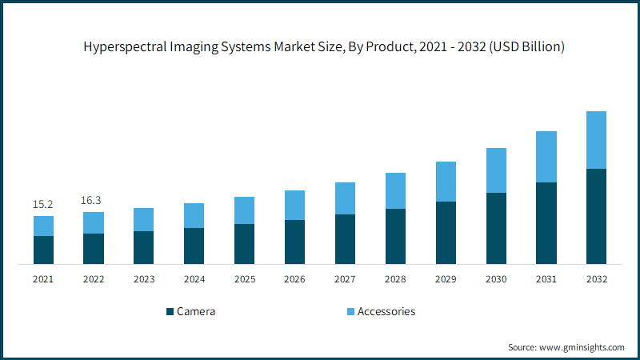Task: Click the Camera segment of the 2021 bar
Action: click(x=43, y=250)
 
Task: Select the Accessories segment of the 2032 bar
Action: click(x=596, y=140)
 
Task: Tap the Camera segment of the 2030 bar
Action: click(x=496, y=229)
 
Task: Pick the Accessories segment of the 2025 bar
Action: click(x=245, y=210)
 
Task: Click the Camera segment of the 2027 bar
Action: click(x=345, y=239)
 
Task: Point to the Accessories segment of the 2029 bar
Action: click(x=446, y=182)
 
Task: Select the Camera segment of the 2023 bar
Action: click(x=144, y=248)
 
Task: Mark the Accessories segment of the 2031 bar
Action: click(x=546, y=157)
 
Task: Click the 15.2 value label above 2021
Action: click(x=43, y=204)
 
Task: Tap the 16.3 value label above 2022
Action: click(x=91, y=201)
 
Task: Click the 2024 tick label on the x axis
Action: click(x=194, y=279)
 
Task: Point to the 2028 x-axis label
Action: click(x=395, y=279)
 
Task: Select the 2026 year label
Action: click(x=294, y=279)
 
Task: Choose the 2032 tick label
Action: click(x=597, y=279)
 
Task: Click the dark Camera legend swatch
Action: click(x=170, y=312)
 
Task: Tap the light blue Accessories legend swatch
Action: click(x=350, y=312)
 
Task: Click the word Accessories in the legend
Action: click(x=386, y=311)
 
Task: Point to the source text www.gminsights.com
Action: click(x=582, y=347)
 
